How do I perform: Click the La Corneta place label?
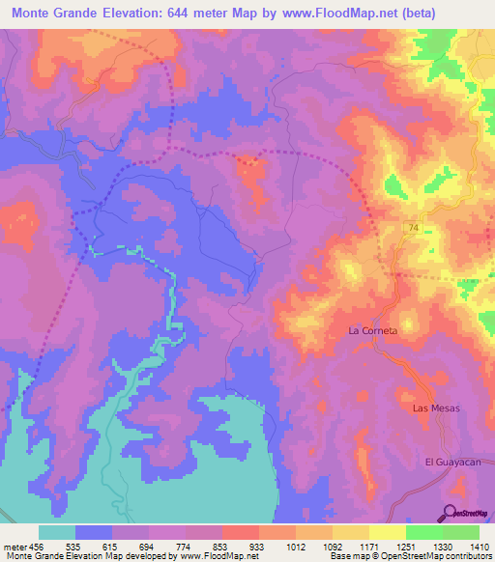coord(373,330)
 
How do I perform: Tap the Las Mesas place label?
coord(436,408)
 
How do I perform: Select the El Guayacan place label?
coord(454,463)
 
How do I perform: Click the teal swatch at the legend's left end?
coord(57,532)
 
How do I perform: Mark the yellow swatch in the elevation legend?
coord(388,532)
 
